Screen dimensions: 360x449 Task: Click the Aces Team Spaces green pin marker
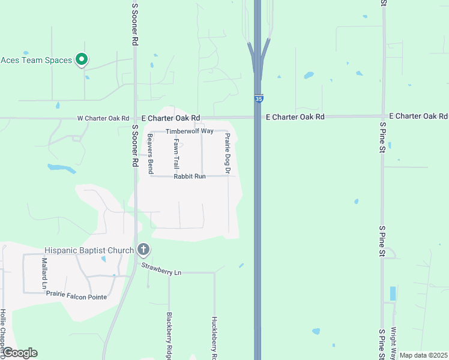(82, 59)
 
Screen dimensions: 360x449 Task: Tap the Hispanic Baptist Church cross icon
(143, 249)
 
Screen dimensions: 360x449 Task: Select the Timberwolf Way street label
(190, 131)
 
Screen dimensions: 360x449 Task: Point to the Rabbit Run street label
(190, 176)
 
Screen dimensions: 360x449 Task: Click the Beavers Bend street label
(151, 155)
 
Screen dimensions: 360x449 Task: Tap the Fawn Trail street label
(176, 154)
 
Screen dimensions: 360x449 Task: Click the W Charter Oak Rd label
(103, 118)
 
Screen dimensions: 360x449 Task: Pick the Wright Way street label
(394, 339)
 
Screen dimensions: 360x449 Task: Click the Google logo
(19, 353)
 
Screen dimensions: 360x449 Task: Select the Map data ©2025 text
(424, 355)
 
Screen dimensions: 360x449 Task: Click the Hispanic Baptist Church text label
(89, 250)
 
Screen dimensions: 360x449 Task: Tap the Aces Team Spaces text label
(36, 60)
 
